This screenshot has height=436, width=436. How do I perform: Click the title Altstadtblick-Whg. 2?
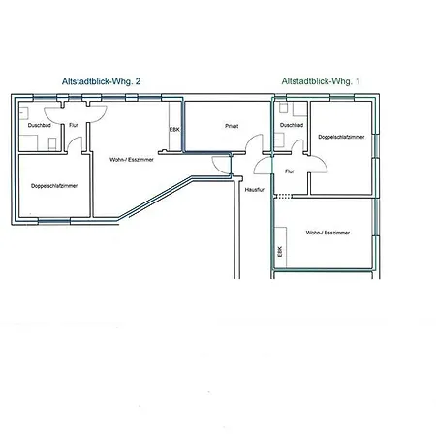coord(101,81)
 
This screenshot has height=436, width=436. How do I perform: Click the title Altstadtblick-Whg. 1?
coord(321,81)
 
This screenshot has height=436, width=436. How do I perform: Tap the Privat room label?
coord(232,126)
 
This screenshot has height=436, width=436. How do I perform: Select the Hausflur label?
coord(255,190)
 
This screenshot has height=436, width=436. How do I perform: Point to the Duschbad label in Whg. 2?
coord(40,125)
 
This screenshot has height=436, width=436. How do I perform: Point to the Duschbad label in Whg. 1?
coord(292,125)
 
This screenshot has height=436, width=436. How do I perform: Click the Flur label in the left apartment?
coord(74,125)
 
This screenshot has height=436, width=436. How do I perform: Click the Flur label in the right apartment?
coord(290,171)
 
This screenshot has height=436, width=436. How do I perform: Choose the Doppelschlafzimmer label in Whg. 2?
coord(54,186)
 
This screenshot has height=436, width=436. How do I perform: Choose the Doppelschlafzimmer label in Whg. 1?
coord(341,137)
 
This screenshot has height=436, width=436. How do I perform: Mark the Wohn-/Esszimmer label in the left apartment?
coord(132,160)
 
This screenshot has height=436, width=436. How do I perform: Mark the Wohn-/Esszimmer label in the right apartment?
coord(327,233)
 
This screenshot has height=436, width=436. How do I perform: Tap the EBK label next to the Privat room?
coord(174,129)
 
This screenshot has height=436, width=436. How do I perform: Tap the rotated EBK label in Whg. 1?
coord(280,252)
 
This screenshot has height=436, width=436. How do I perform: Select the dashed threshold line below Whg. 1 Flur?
coord(283,196)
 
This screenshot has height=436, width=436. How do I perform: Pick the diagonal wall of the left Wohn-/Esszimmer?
coord(156,198)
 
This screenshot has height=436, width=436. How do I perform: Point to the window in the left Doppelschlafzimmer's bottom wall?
coord(54,221)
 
